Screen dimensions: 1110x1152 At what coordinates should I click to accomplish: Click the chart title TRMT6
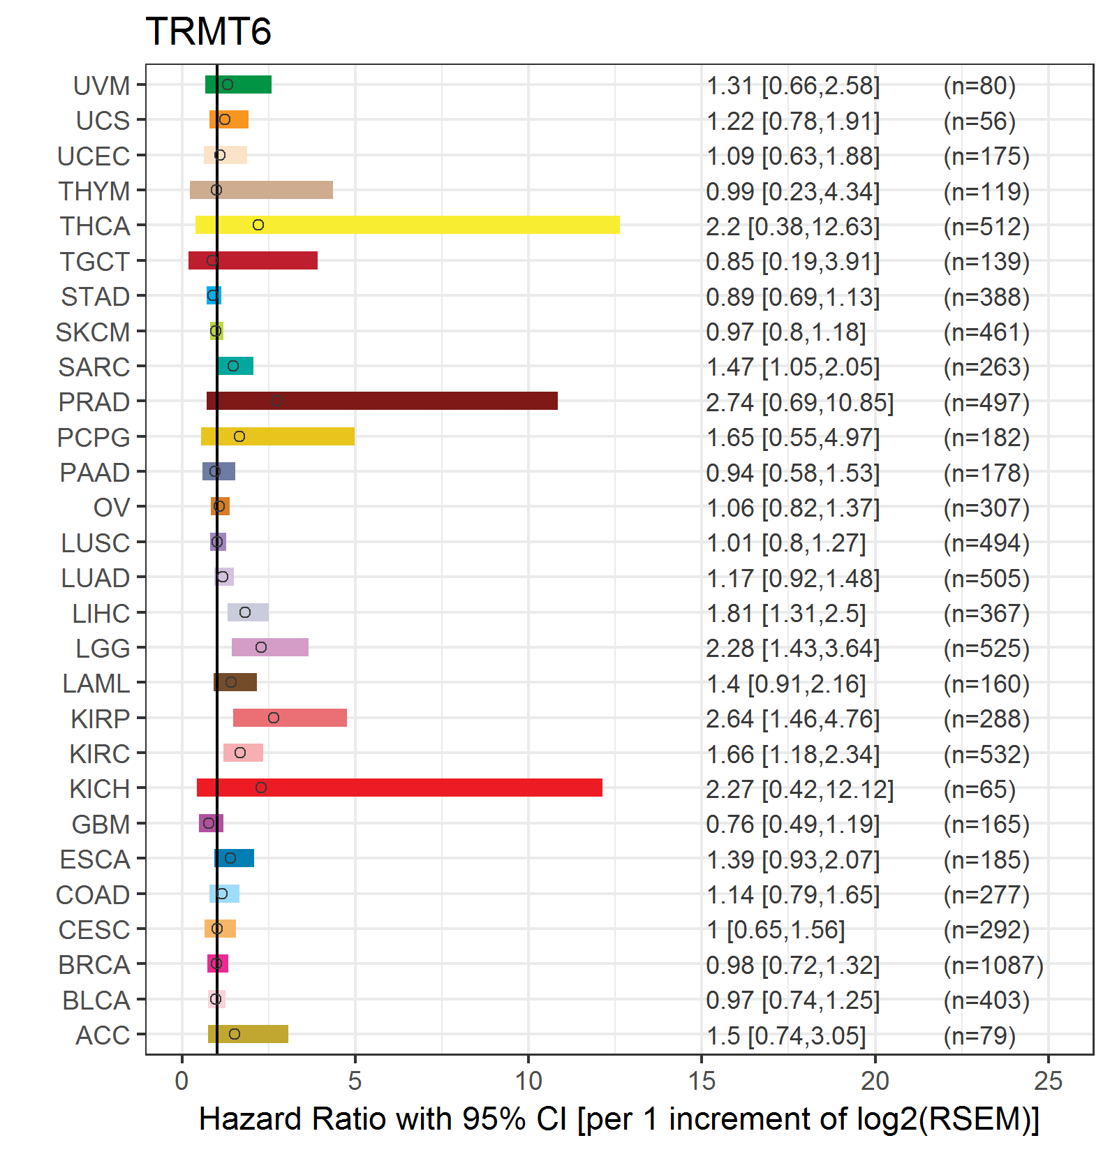[208, 31]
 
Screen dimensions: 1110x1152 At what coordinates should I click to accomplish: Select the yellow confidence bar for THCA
[408, 225]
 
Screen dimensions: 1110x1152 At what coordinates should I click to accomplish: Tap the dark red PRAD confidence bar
[382, 401]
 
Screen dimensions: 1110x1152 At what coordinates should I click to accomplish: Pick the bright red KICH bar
[399, 788]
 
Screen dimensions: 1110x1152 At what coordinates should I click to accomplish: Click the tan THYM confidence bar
[261, 190]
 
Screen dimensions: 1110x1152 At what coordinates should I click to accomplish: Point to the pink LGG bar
[270, 647]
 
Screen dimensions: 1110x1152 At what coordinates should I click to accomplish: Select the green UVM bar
[238, 84]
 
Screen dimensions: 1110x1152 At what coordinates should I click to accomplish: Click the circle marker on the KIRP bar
[274, 718]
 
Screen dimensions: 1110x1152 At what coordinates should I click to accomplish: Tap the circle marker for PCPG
[239, 436]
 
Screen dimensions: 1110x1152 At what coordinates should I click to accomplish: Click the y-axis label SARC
[94, 367]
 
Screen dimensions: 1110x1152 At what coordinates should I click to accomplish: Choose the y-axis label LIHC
[101, 614]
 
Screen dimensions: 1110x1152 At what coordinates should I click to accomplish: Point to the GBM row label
[101, 825]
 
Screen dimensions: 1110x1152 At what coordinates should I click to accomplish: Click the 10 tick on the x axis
[528, 1081]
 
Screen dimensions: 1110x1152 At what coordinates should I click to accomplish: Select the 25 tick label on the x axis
[1049, 1081]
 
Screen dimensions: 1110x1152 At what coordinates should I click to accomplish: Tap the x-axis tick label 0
[182, 1081]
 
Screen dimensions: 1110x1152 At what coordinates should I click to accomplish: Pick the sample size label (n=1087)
[993, 966]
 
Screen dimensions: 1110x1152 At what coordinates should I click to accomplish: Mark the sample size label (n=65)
[979, 790]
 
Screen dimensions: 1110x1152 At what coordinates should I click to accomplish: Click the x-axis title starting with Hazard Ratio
[619, 1120]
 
